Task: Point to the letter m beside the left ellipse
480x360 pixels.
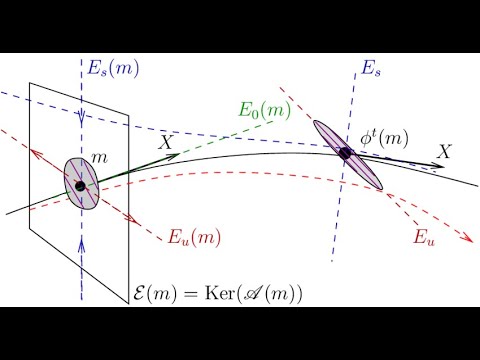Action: (100, 159)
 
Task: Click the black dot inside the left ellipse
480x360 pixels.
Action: (80, 186)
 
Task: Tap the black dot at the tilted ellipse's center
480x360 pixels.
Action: (346, 154)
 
